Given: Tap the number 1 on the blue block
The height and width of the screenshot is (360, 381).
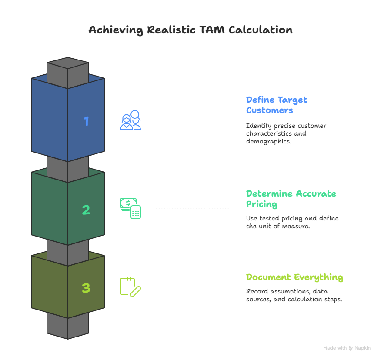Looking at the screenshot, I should click(x=86, y=121).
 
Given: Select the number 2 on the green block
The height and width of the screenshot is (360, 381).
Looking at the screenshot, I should click(x=86, y=210).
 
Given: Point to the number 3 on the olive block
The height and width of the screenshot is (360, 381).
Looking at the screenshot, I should click(x=86, y=288).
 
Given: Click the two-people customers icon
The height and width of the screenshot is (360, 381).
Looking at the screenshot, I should click(x=130, y=120).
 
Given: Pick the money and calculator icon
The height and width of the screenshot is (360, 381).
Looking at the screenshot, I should click(x=130, y=208).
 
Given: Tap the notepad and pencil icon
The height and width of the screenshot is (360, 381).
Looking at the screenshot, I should click(x=130, y=287).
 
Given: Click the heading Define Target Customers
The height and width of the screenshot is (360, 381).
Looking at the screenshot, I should click(x=277, y=105).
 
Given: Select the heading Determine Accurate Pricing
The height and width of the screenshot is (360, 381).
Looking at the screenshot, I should click(x=291, y=199).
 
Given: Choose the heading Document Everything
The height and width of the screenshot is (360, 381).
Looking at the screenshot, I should click(x=294, y=277).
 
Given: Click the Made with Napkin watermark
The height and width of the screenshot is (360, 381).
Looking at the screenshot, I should click(x=347, y=348).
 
